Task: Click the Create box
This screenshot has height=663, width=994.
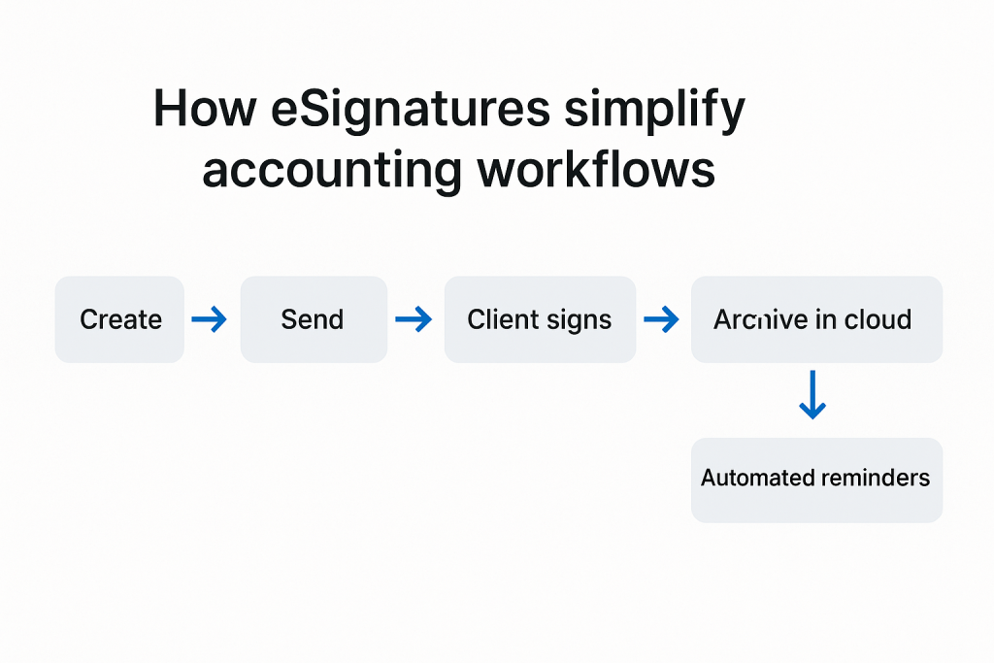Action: coord(119,319)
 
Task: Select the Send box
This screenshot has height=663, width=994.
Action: coord(314,319)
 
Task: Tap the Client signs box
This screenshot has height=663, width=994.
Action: coord(540,319)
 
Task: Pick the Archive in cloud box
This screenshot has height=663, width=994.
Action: coord(816,319)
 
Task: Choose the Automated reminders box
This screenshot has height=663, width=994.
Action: coord(816,480)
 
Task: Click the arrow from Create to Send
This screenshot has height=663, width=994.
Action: coord(210,318)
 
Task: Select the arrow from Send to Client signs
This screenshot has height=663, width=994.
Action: coord(414,318)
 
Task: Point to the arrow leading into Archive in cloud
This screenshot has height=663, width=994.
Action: coord(661,318)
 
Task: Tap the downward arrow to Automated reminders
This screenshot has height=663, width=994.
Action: coord(812,395)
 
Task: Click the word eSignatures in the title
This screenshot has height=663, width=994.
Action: coord(411,109)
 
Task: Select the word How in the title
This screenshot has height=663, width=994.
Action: coord(205,109)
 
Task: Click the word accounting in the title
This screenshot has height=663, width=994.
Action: coord(332,171)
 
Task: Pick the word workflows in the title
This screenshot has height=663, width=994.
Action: coord(597,169)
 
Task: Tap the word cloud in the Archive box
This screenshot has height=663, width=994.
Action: coord(878,319)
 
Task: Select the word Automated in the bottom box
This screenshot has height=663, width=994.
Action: coord(752,478)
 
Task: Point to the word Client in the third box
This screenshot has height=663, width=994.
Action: coord(502,319)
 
